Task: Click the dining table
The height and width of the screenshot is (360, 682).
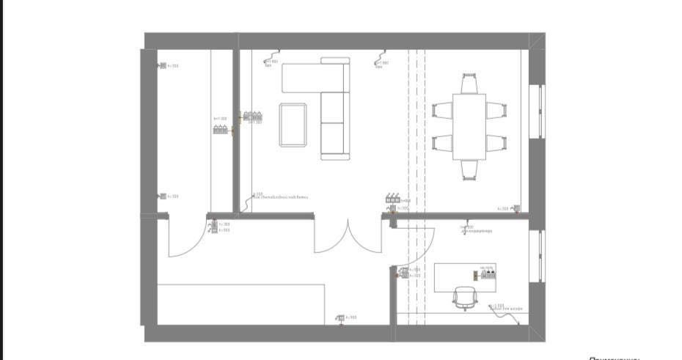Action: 469,126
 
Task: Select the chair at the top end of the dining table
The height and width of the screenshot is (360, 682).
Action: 469,82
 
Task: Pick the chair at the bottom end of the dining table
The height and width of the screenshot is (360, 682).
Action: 469,169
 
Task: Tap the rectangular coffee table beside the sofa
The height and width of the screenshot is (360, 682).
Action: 293,125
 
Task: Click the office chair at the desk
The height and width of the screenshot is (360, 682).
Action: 465,298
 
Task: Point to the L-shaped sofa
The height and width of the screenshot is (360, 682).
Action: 323,95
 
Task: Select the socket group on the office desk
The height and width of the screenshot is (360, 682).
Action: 488,274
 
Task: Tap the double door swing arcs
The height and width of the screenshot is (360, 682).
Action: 351,236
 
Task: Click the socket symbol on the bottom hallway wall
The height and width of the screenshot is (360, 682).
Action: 340,317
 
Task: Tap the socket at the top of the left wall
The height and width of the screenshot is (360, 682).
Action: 163,66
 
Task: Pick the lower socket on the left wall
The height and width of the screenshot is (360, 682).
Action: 163,196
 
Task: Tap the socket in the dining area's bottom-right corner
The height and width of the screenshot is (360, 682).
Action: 516,209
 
